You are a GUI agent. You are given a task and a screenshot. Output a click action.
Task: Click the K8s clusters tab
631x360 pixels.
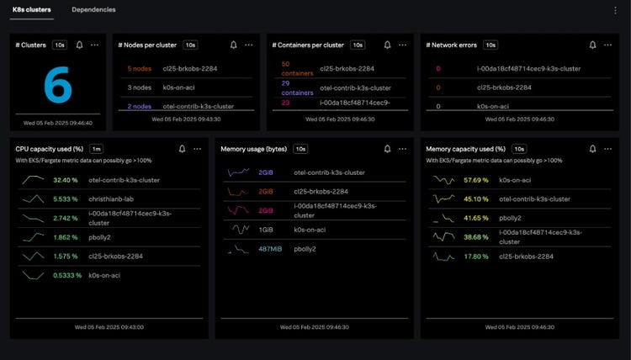point(31,10)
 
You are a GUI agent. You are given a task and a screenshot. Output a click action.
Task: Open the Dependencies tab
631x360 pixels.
point(93,10)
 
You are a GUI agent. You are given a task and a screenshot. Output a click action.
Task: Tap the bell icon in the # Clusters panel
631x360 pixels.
point(79,45)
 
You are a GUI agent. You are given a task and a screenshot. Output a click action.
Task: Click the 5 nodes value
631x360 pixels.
point(139,68)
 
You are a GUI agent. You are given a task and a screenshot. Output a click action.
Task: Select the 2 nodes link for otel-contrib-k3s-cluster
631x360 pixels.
point(140,106)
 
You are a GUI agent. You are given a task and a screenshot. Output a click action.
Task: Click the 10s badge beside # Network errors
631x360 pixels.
point(490,45)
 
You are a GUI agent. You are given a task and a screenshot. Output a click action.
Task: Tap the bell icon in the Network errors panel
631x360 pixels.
point(593,45)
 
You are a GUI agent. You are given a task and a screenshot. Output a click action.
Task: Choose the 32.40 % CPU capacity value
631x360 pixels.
point(65,180)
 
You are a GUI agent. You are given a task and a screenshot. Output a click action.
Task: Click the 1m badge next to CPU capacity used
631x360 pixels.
point(96,148)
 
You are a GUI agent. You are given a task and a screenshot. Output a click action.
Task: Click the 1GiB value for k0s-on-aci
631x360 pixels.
point(266,229)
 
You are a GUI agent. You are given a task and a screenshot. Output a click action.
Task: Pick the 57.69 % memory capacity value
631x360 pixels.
point(476,180)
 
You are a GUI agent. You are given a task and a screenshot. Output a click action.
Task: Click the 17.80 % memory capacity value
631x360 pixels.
point(476,257)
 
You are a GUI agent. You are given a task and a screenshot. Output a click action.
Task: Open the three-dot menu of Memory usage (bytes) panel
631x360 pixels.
point(402,149)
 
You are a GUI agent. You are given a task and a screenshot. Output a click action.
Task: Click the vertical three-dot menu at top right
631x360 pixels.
point(615,10)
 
